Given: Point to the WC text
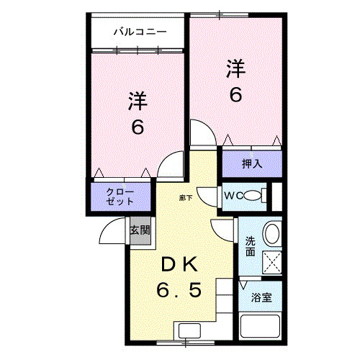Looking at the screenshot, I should click(231, 195).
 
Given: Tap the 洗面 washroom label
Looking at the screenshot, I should click(250, 246).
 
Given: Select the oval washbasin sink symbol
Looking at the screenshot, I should click(272, 233).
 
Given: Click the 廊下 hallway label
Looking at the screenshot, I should click(186, 196).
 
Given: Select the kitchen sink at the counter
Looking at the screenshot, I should click(190, 330).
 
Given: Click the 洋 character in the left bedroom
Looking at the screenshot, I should click(138, 100).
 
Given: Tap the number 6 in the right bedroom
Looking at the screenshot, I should click(236, 94).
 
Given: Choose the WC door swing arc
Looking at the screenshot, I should click(208, 196).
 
